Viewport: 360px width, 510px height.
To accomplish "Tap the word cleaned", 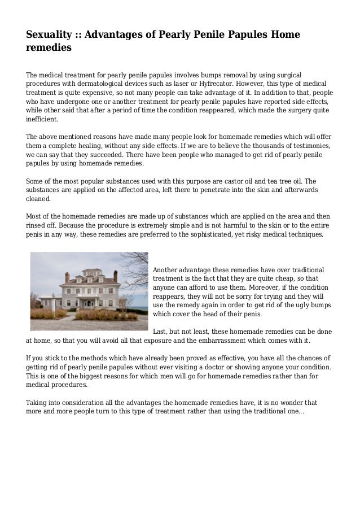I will pos(39,199).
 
